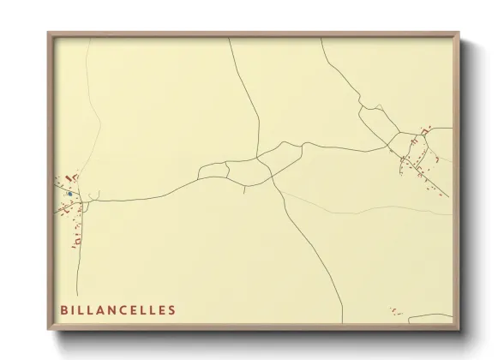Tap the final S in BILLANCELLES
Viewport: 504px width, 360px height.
[x=173, y=309]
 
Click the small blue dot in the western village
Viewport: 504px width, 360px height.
[x=69, y=194]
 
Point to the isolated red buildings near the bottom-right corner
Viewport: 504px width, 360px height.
[x=395, y=310]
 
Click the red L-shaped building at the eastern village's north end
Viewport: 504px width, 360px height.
[x=423, y=130]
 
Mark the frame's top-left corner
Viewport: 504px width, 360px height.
[x=48, y=33]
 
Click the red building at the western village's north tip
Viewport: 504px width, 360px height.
[x=75, y=176]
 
